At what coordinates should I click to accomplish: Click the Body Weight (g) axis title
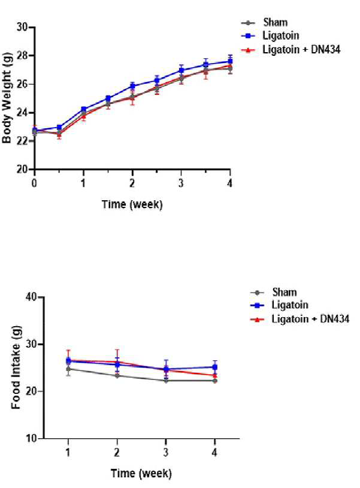tap(7, 98)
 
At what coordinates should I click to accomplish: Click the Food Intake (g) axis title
tap(16, 367)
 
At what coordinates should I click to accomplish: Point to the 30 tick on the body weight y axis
tap(22, 28)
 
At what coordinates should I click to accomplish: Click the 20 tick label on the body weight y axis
tap(22, 169)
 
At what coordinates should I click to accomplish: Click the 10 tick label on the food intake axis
tap(31, 439)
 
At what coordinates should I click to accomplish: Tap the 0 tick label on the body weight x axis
tap(35, 183)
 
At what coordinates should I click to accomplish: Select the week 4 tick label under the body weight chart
tap(230, 183)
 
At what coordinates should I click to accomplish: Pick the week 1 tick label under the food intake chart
tap(68, 452)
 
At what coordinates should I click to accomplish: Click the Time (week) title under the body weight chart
tap(132, 204)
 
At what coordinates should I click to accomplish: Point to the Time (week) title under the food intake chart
tap(141, 474)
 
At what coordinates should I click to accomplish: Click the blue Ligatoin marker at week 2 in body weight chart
tap(133, 86)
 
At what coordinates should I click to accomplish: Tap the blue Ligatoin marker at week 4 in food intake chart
tap(215, 367)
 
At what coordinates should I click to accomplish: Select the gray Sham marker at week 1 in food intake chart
tap(68, 369)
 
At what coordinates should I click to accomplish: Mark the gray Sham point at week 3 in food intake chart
tap(166, 381)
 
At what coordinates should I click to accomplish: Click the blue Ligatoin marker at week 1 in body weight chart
tap(84, 110)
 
